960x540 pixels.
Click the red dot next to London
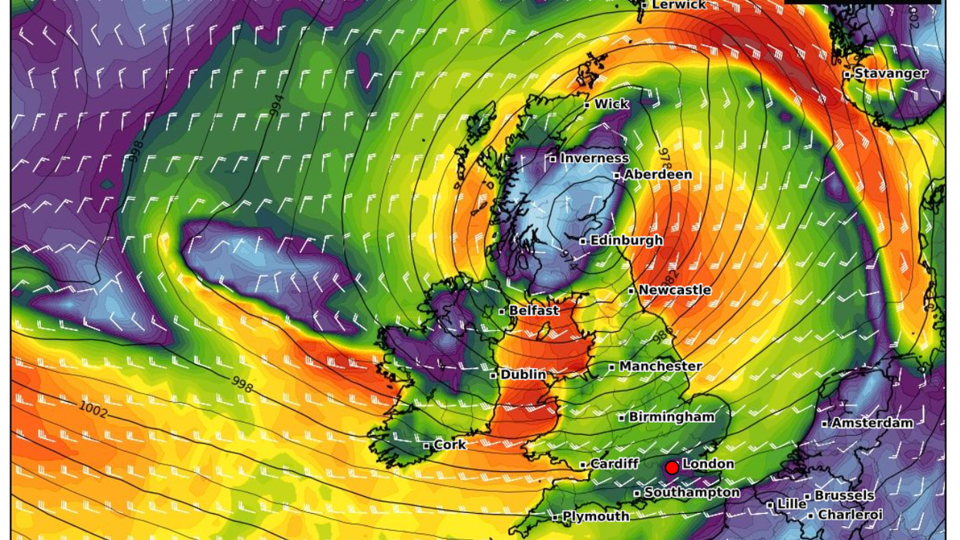(x=672, y=467)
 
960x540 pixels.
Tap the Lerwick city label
(x=679, y=5)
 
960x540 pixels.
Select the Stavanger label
(x=891, y=73)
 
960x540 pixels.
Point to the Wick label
(x=611, y=103)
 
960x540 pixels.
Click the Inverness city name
(x=594, y=158)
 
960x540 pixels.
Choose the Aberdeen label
(x=658, y=174)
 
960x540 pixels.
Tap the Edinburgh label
(x=626, y=240)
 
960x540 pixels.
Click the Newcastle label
(x=675, y=289)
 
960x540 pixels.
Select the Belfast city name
(x=534, y=310)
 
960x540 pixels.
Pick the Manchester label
(x=660, y=366)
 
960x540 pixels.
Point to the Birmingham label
(x=671, y=417)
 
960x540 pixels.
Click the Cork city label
(x=449, y=444)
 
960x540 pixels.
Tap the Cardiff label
(x=614, y=464)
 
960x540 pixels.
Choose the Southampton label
(x=692, y=491)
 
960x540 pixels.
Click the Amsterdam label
(x=872, y=423)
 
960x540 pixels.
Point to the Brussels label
(x=844, y=495)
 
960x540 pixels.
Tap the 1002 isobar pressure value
(x=93, y=408)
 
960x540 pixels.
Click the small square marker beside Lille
(x=770, y=505)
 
